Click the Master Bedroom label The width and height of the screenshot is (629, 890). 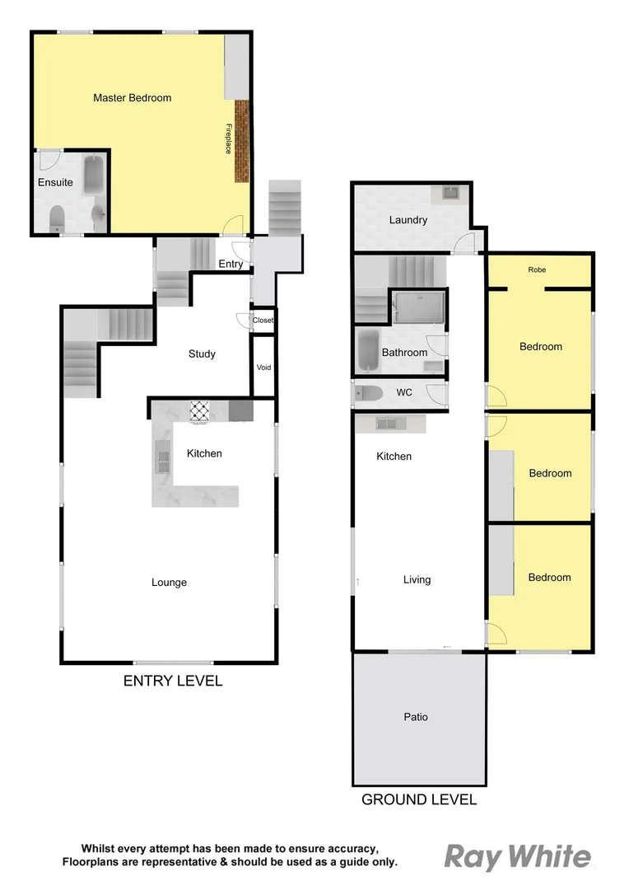132,98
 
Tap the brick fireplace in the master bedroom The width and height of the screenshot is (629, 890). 241,141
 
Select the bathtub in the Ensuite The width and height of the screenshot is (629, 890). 93,175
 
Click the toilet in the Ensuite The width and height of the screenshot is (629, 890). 57,218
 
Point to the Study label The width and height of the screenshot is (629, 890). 202,354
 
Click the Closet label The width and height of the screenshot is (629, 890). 263,321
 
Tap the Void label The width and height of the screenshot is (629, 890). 263,368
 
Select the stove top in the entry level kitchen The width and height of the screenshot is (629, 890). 201,410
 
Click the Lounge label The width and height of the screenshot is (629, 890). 169,583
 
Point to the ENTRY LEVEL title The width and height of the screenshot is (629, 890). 172,682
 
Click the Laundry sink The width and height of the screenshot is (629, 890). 451,194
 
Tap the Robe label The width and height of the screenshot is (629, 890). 537,270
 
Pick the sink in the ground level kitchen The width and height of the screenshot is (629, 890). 388,424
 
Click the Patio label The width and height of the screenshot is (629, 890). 416,717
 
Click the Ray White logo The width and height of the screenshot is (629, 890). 517,858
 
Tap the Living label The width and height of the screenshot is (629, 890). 417,580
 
